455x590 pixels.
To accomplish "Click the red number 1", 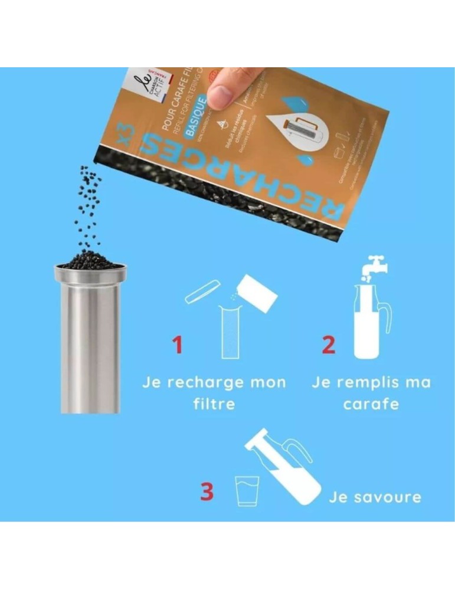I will click(177, 345).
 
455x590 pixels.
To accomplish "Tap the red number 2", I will click(328, 345).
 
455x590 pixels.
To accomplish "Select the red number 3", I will click(207, 492).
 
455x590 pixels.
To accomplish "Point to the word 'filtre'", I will click(214, 405).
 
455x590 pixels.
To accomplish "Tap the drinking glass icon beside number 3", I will click(246, 491).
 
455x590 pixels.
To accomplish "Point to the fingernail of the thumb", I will click(220, 96).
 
